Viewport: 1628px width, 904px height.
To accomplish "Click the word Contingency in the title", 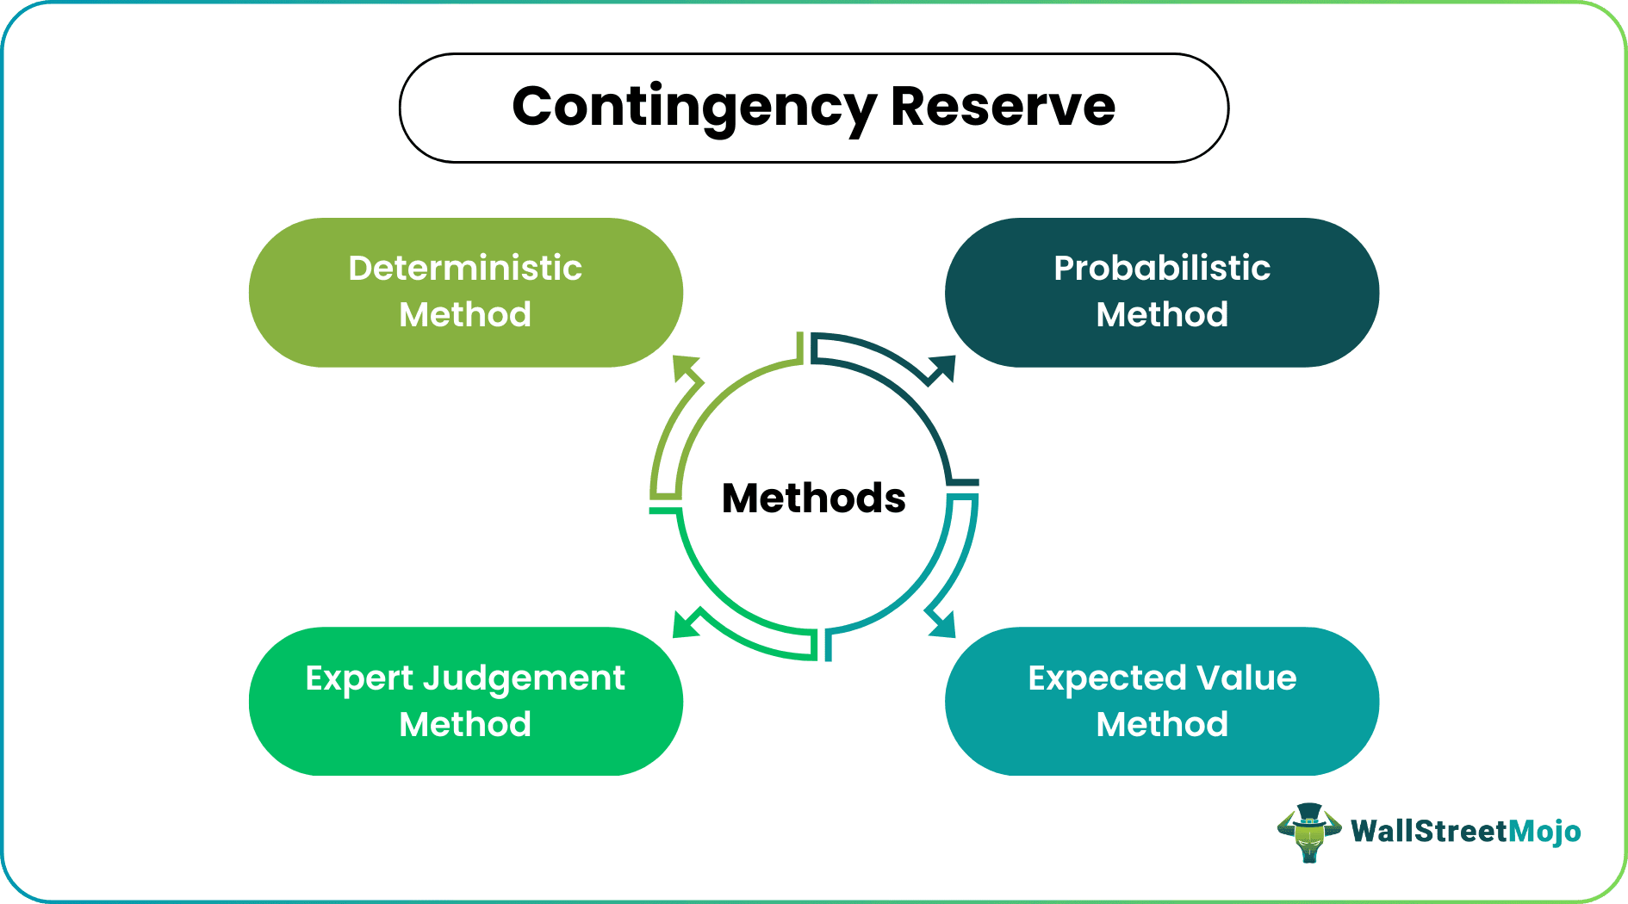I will pos(693,108).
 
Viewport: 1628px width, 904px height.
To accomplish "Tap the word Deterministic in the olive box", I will pos(465,268).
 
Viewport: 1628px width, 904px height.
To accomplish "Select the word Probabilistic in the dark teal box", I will pos(1161,268).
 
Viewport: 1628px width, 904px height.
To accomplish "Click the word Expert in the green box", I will pos(359,678).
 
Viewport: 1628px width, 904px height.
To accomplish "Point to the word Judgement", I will pos(524,679).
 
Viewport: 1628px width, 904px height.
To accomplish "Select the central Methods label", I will pos(813,498).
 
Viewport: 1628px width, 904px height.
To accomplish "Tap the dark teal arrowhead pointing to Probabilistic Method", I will pos(942,368).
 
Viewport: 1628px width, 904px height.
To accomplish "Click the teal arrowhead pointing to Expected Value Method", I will pos(942,624).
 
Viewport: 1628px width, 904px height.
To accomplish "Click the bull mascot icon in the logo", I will pos(1308,833).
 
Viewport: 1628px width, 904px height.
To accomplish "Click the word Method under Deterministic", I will pos(465,314).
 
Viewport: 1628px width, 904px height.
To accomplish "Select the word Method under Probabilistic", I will pos(1161,314).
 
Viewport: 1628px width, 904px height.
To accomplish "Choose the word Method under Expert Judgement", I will pos(465,724).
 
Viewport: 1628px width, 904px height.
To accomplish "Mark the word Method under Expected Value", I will pos(1161,724).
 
